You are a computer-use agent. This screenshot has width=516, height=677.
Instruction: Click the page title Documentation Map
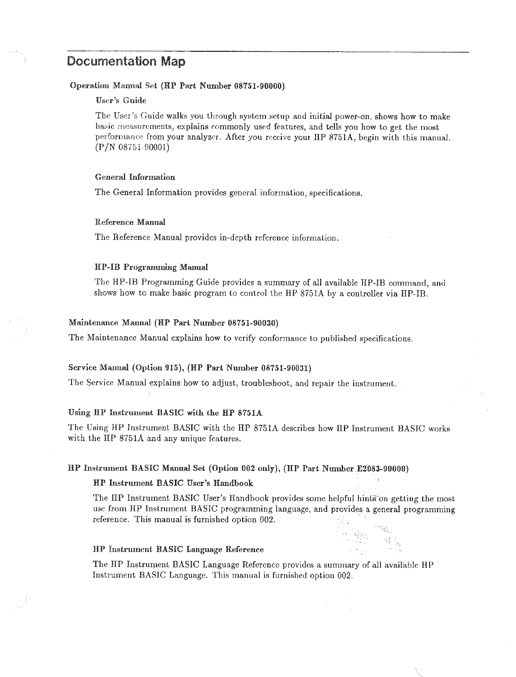[x=126, y=61]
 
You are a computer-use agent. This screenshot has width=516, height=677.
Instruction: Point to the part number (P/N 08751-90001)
[x=132, y=148]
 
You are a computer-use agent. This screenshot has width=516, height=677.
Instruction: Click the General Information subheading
[x=135, y=177]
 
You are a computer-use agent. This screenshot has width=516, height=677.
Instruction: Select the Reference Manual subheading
[x=130, y=222]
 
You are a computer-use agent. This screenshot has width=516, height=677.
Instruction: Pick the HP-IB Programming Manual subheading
[x=151, y=267]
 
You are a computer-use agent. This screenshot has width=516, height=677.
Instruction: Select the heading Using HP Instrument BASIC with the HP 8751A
[x=165, y=413]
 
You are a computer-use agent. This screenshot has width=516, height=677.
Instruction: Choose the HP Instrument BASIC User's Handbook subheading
[x=173, y=483]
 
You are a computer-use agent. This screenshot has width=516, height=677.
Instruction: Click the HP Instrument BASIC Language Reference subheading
[x=179, y=549]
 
